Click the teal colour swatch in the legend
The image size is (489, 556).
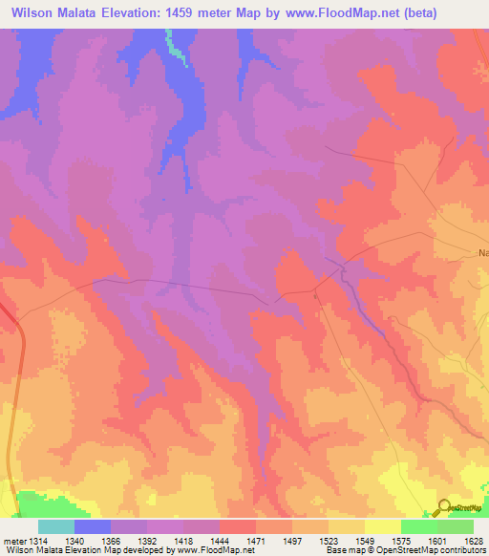[x=56, y=526]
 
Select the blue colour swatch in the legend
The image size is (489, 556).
[x=93, y=526]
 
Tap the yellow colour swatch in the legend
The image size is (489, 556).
[x=383, y=526]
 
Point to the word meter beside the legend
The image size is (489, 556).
[x=14, y=541]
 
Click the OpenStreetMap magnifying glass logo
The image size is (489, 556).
[x=443, y=507]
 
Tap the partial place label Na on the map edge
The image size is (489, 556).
[x=482, y=253]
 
